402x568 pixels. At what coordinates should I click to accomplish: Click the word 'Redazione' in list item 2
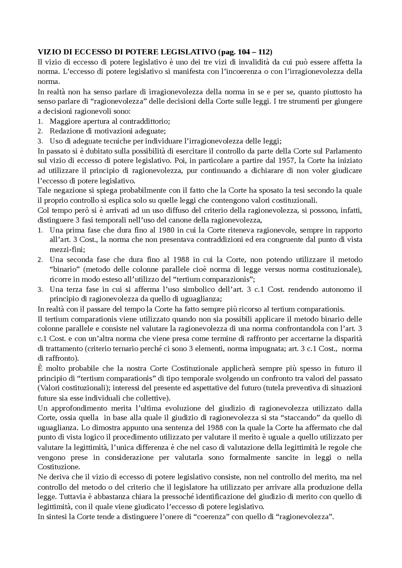pos(65,131)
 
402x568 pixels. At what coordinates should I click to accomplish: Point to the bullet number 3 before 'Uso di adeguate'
pos(40,141)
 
